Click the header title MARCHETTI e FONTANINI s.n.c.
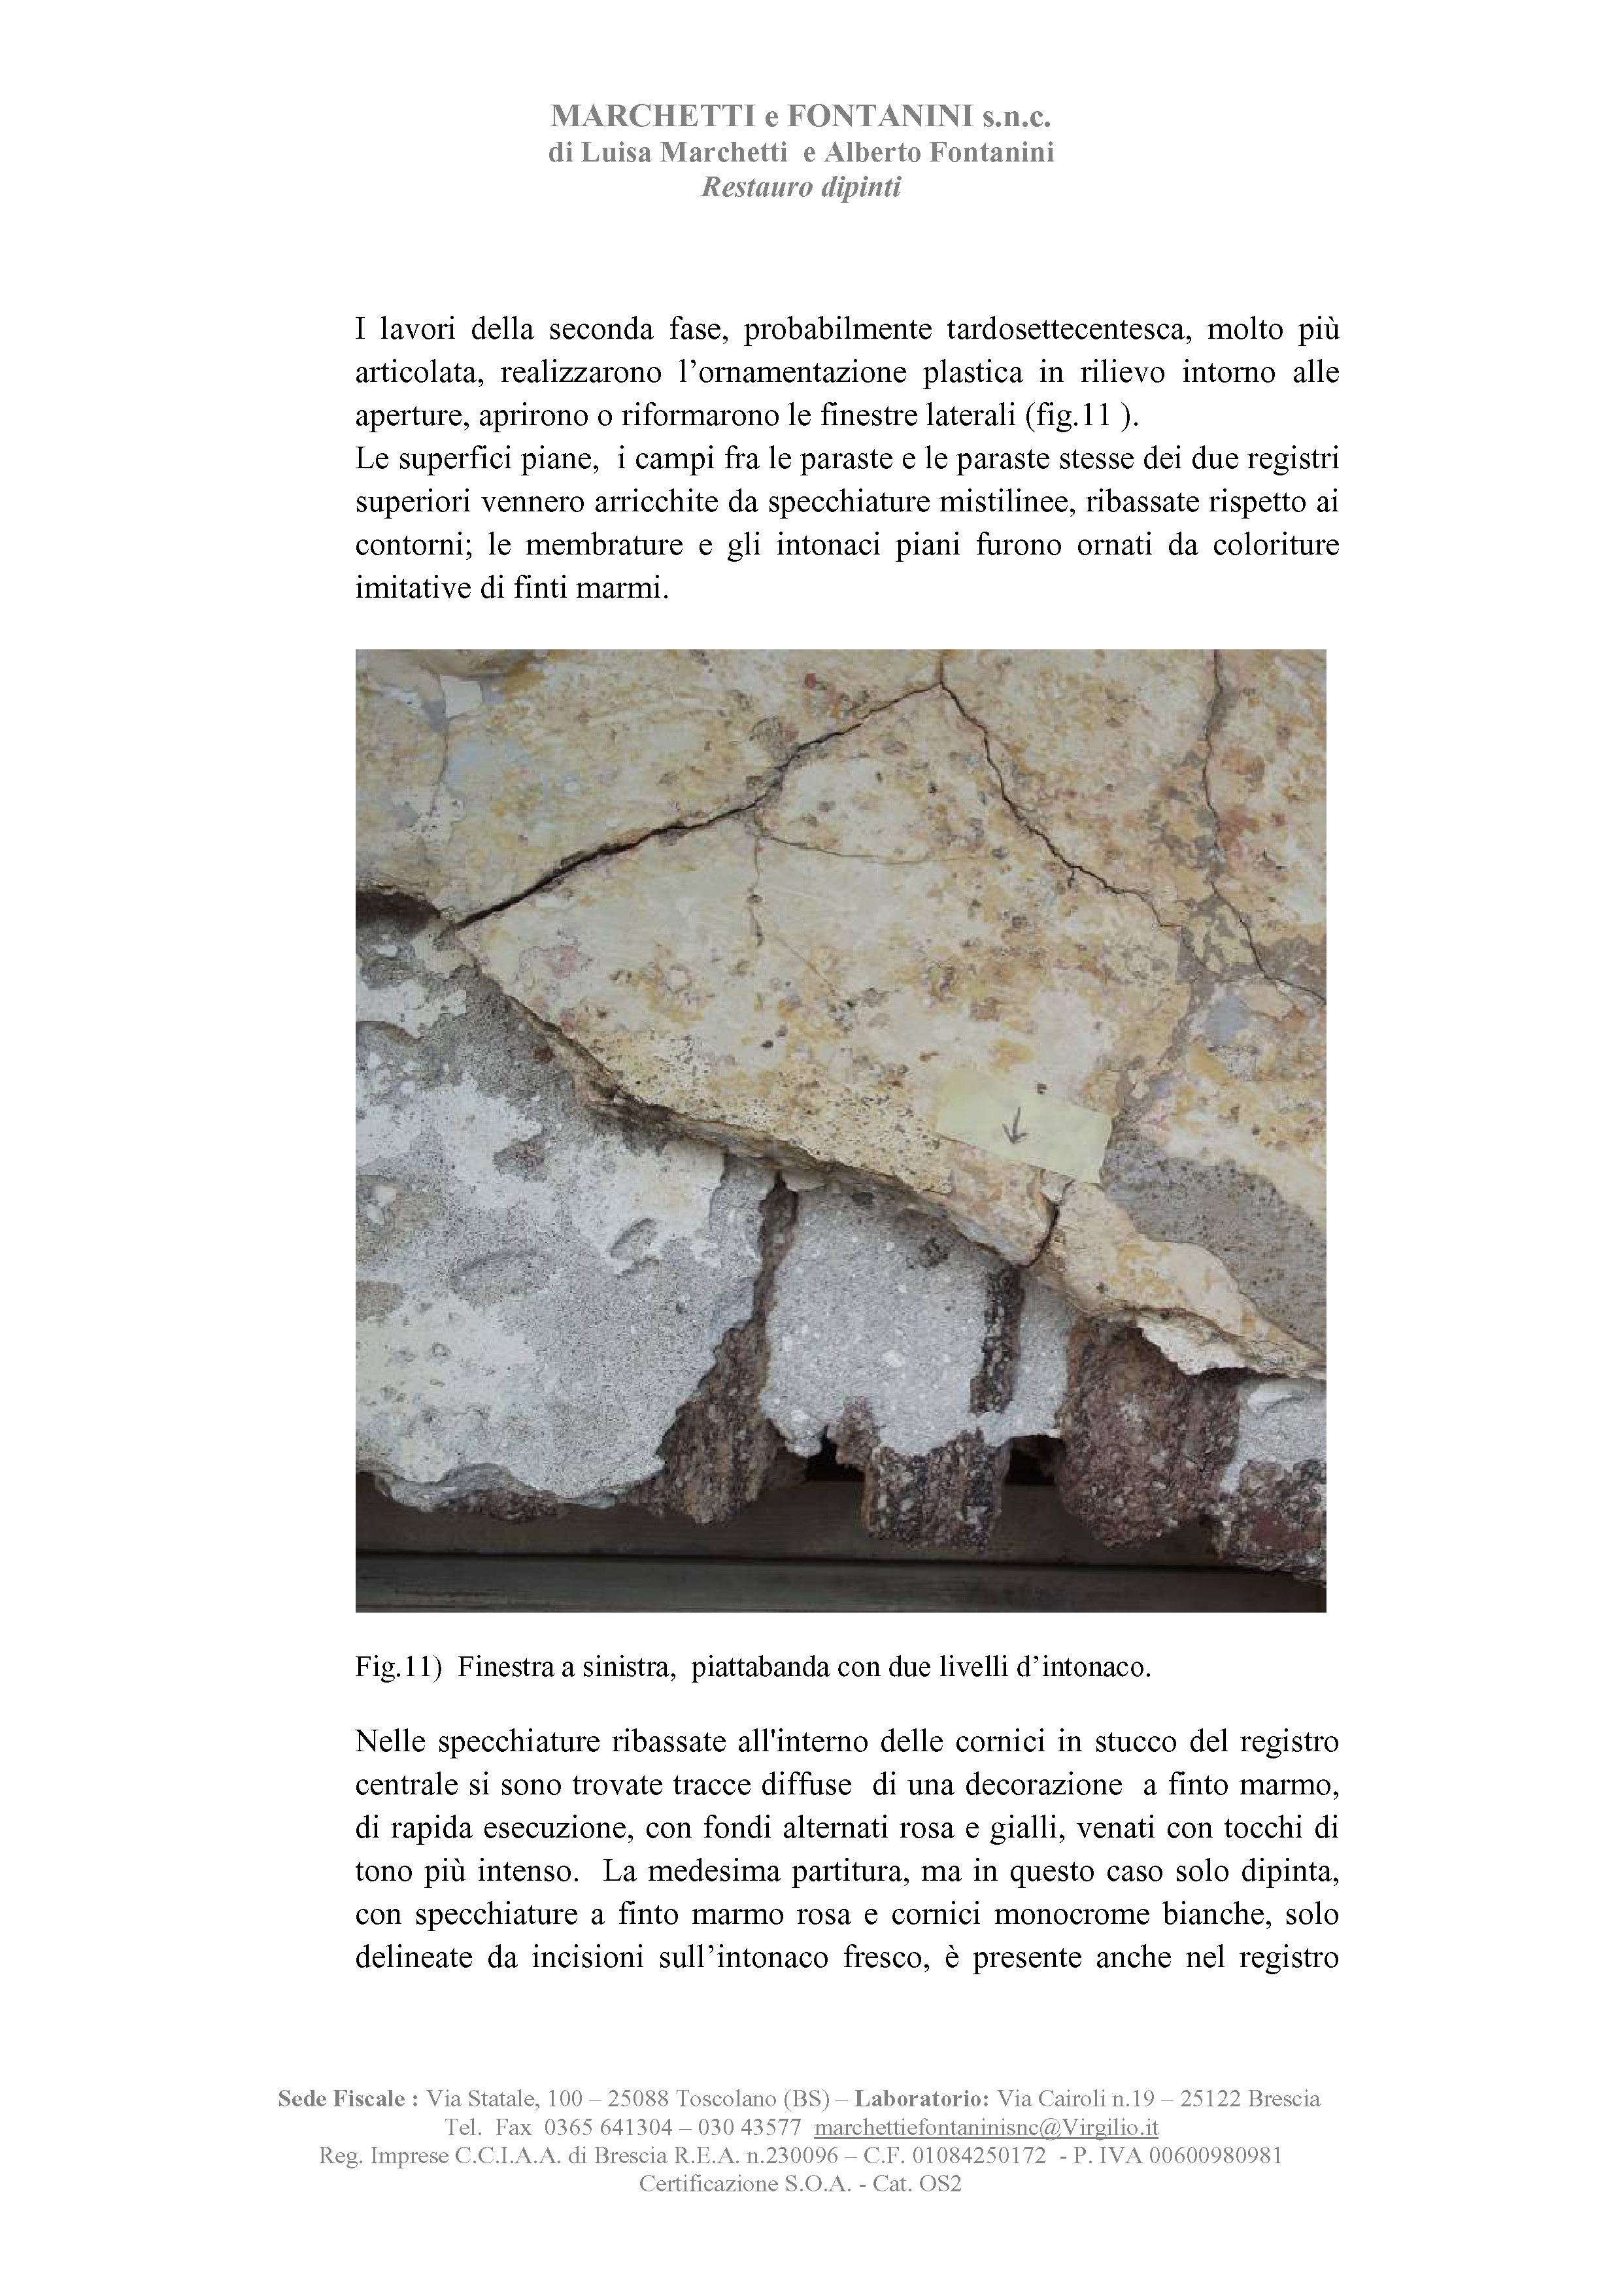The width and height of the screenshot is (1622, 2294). pos(801,117)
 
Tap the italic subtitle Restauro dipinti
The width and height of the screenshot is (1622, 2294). pos(801,187)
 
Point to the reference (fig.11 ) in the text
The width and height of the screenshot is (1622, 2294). pos(1079,417)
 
